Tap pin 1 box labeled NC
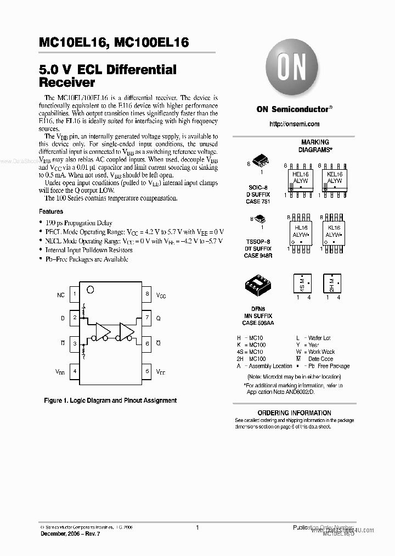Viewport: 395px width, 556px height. coord(75,294)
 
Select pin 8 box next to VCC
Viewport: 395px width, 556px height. coord(147,294)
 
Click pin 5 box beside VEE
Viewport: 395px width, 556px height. coord(147,371)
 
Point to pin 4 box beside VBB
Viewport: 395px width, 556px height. coord(75,371)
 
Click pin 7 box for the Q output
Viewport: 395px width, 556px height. coord(147,318)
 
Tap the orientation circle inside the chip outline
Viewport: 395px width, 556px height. coord(92,289)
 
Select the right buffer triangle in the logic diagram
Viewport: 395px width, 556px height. coord(126,331)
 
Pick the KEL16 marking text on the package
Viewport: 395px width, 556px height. coord(334,174)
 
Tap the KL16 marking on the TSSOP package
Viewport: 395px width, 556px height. coord(334,227)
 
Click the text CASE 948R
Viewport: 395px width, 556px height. coord(258,255)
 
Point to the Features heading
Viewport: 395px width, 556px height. coord(50,212)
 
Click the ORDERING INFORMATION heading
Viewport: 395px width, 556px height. coord(294,413)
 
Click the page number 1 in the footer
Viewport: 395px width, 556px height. coord(197,527)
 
